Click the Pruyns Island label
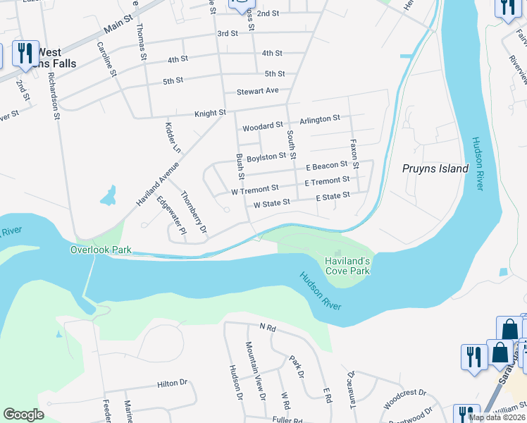[x=435, y=168]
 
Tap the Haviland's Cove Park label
[x=347, y=265]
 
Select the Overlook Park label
[x=101, y=250]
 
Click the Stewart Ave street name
[x=258, y=91]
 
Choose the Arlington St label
[x=319, y=119]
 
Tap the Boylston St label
[x=267, y=157]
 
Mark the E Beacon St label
[x=326, y=166]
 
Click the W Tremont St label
[x=255, y=190]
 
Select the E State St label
[x=333, y=196]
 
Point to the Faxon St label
[x=354, y=154]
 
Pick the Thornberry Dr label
[x=194, y=212]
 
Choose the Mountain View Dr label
[x=254, y=371]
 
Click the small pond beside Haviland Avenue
[x=108, y=195]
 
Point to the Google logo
[x=24, y=415]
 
